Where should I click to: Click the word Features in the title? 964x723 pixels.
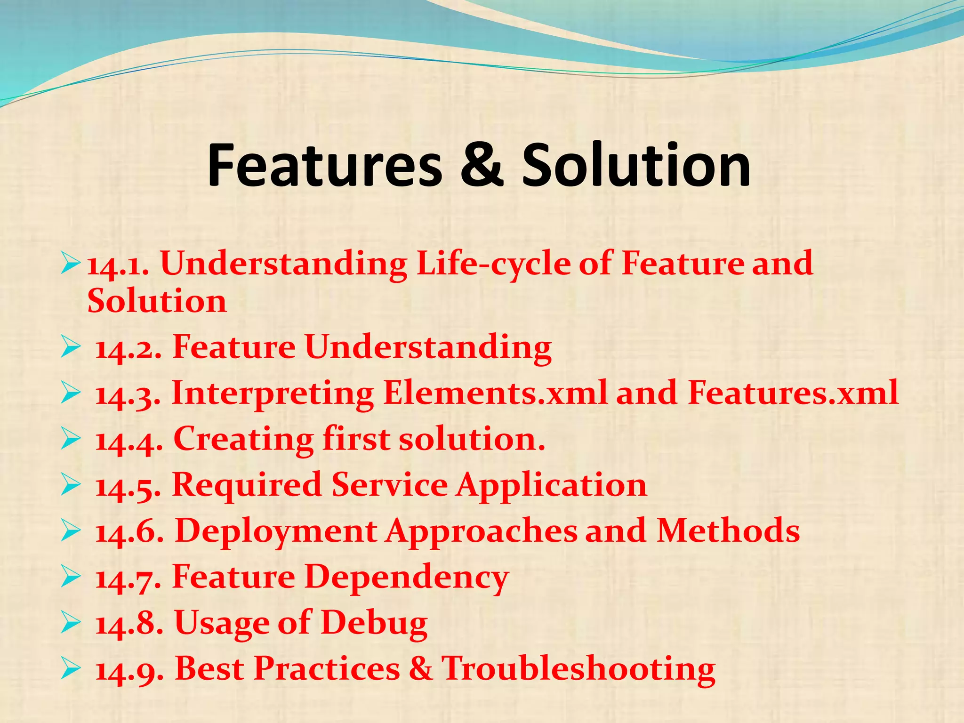point(325,165)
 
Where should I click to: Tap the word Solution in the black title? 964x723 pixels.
point(636,165)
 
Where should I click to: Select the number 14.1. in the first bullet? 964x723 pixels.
point(118,265)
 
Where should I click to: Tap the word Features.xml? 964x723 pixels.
point(793,393)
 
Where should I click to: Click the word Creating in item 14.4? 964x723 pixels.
point(243,439)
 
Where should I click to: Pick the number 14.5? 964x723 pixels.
point(128,486)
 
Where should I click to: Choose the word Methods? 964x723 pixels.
point(728,531)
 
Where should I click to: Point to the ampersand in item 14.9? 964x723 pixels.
point(420,668)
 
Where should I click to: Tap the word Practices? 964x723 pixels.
point(327,668)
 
